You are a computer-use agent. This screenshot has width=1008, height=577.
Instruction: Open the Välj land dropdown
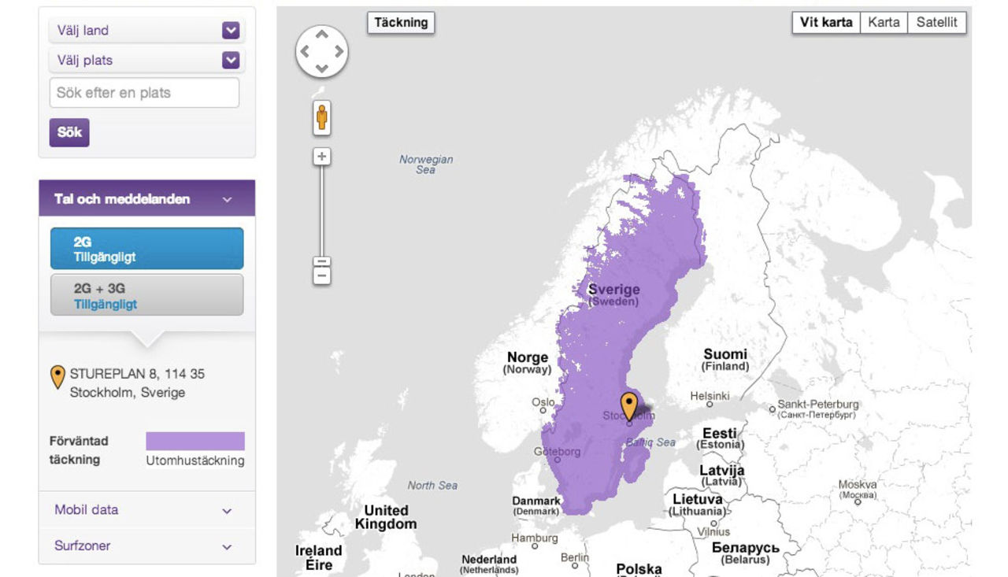(146, 31)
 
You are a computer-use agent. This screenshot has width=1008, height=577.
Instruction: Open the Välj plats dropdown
(146, 60)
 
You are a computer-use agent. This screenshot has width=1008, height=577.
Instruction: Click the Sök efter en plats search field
(144, 93)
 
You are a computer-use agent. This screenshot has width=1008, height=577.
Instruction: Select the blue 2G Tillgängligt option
(146, 249)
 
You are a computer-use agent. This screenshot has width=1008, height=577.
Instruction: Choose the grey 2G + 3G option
(146, 295)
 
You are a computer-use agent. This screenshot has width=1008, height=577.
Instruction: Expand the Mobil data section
(146, 510)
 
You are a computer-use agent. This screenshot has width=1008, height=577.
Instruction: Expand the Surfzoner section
(146, 546)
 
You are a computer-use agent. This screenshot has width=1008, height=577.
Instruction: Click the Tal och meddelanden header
(146, 199)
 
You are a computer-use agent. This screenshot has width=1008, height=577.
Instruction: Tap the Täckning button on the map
(401, 23)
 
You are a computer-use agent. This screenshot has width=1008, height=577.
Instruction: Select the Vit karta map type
(826, 23)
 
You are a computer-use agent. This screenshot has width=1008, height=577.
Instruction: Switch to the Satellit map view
(936, 23)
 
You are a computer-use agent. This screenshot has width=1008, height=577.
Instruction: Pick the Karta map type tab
(884, 23)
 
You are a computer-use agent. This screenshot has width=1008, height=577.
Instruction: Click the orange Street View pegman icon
(321, 118)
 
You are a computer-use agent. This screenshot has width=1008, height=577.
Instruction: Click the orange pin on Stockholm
(628, 405)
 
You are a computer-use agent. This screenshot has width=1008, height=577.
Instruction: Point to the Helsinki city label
(710, 396)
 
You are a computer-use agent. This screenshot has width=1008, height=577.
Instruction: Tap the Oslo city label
(543, 402)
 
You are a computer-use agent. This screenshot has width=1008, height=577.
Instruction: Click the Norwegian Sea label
(426, 164)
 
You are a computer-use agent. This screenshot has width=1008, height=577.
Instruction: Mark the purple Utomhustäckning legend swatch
(195, 441)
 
